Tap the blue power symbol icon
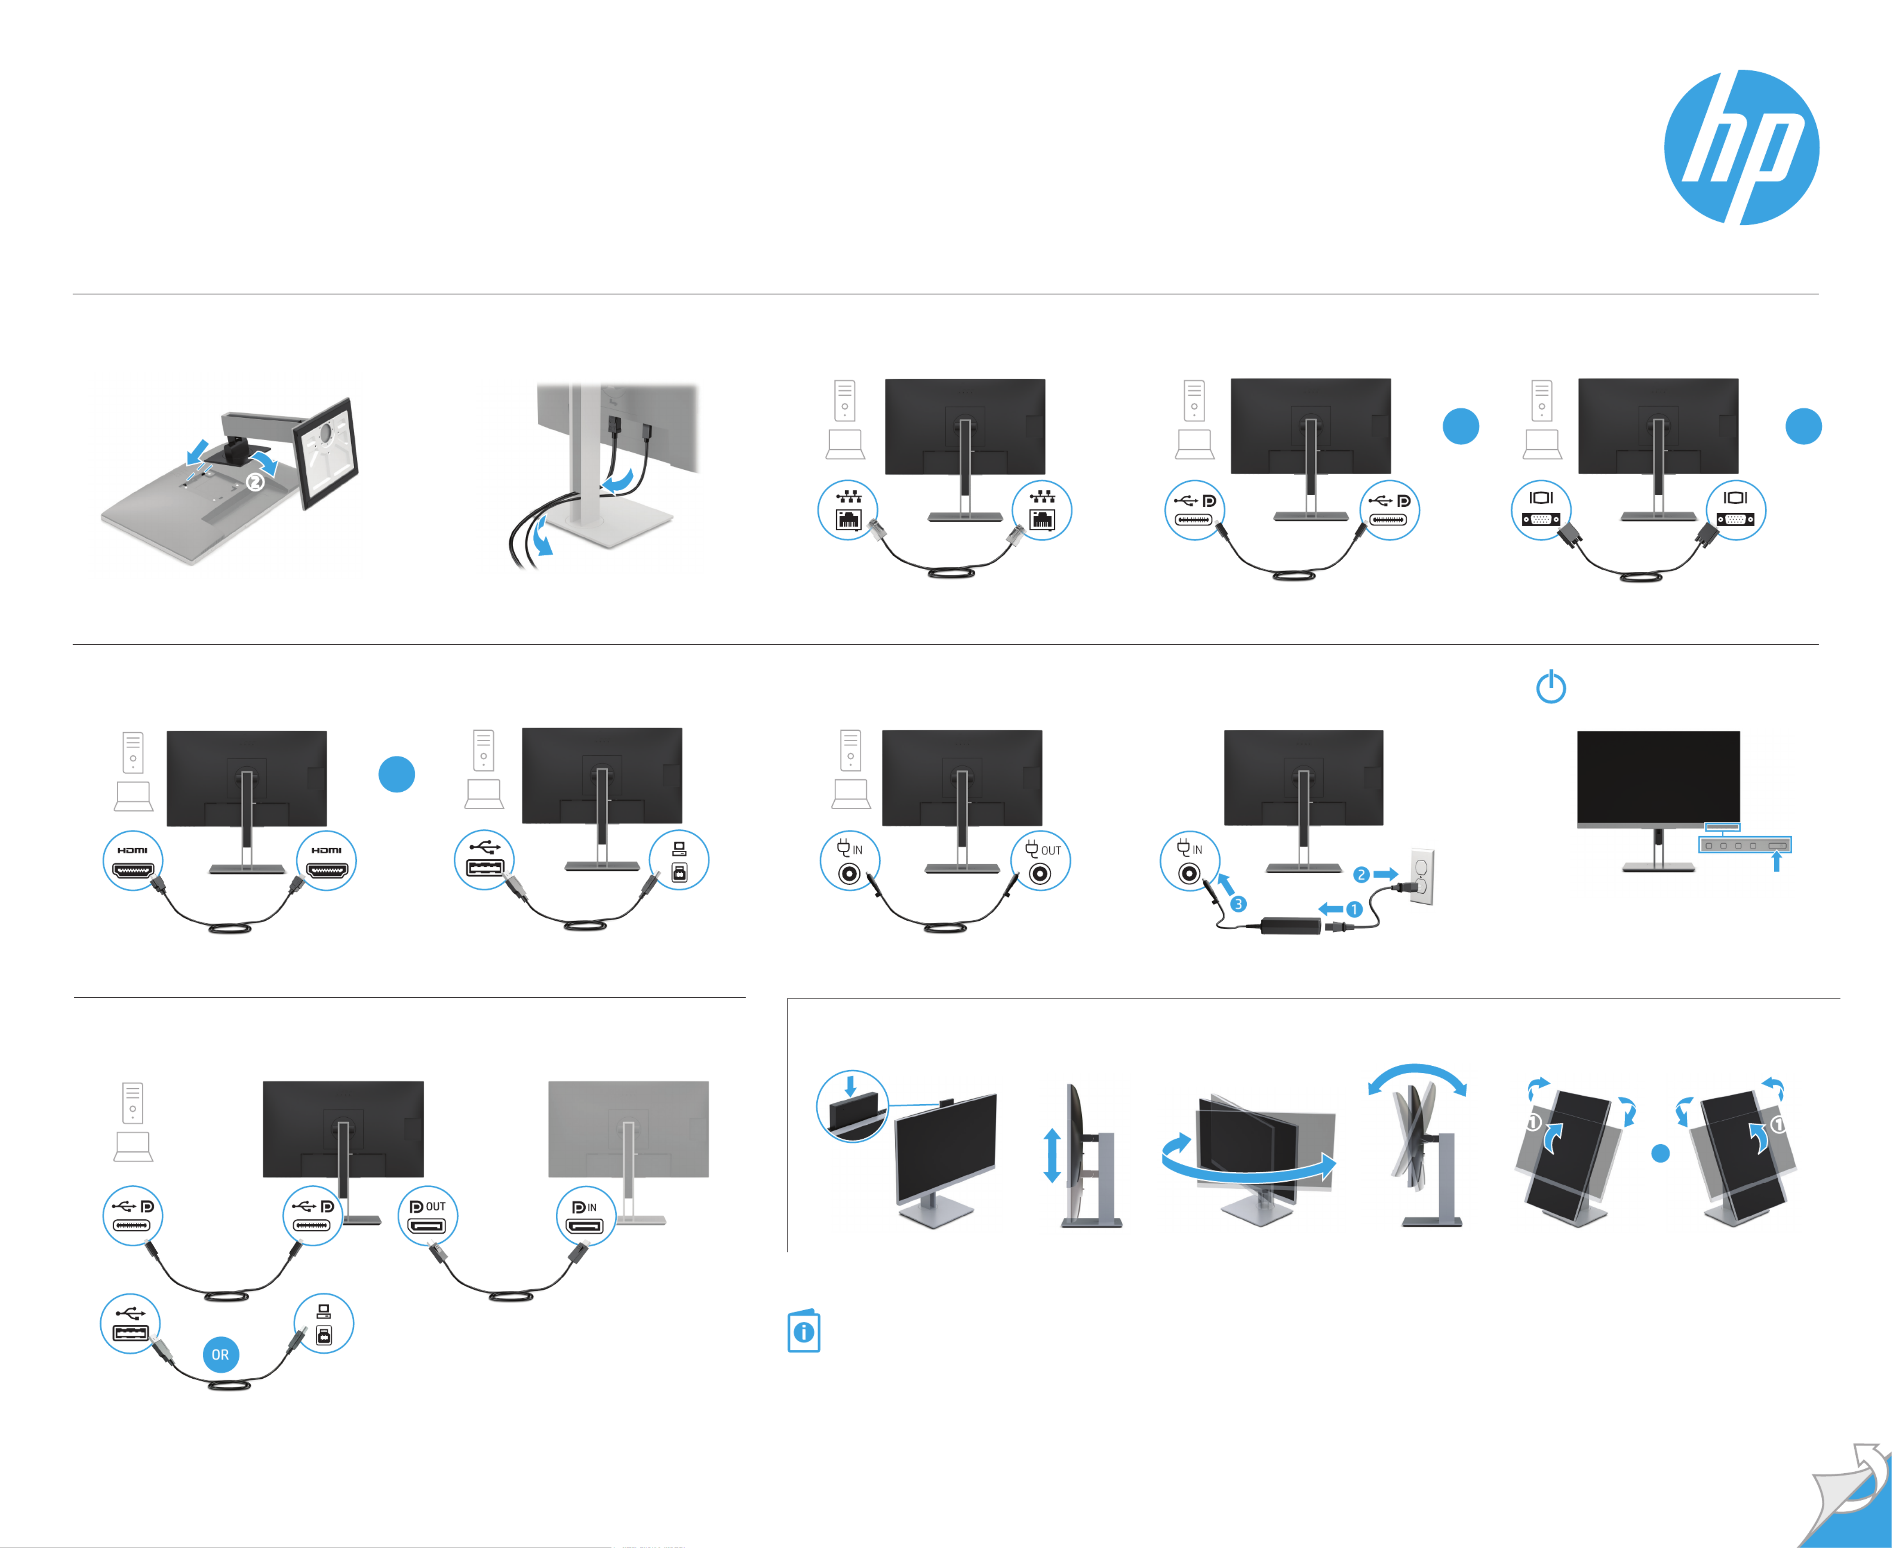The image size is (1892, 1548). [1550, 686]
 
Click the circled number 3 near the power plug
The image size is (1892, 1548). [1238, 904]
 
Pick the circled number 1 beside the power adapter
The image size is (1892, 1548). [1353, 909]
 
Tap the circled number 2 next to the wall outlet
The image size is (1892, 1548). [1360, 875]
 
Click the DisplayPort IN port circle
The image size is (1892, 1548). [586, 1216]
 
